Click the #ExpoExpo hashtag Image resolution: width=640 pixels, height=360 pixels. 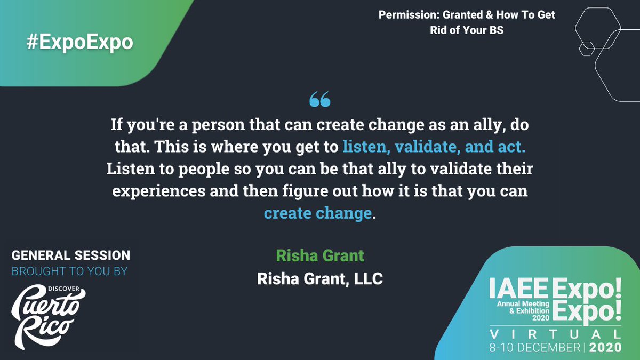click(79, 42)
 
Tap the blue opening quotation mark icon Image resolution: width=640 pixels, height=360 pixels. click(320, 99)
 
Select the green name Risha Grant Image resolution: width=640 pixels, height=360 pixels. click(320, 255)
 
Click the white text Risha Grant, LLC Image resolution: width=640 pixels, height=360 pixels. click(320, 278)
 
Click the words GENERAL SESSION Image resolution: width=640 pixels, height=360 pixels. click(71, 255)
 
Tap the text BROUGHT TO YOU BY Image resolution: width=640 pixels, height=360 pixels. click(70, 271)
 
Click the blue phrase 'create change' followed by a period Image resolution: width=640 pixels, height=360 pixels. click(317, 213)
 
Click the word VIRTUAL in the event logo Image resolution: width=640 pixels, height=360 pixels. click(555, 334)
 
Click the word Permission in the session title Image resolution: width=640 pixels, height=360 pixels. click(409, 15)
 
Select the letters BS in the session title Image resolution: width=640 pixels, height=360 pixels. click(496, 30)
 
